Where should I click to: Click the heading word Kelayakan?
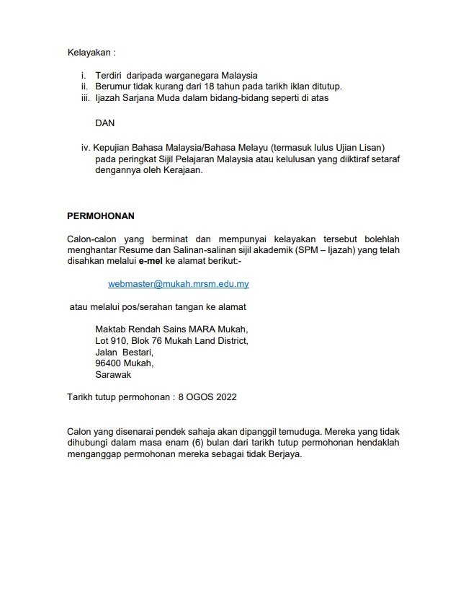[89, 53]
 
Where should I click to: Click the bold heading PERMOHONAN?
[101, 216]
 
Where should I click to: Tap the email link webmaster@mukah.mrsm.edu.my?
[179, 284]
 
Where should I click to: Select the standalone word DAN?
[105, 123]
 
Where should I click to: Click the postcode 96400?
[109, 363]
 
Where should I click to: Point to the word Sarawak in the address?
[114, 375]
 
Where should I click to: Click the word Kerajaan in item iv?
[185, 171]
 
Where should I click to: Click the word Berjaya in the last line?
[284, 454]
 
